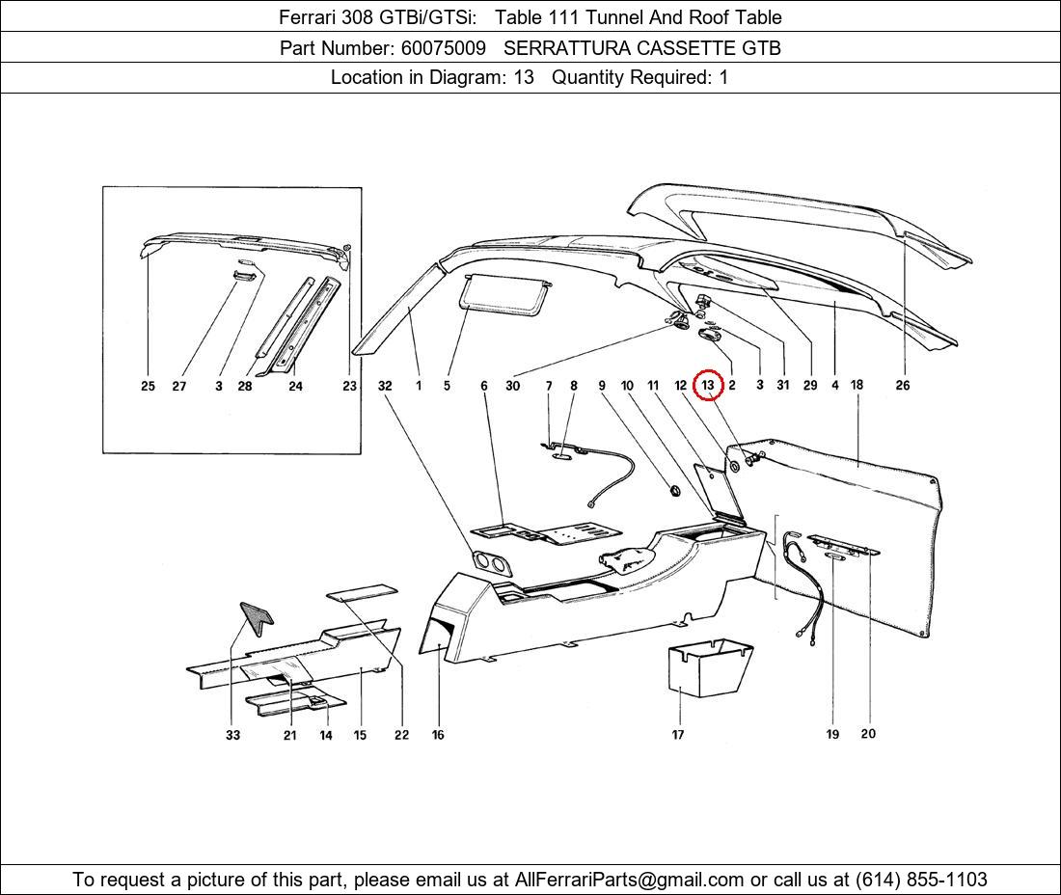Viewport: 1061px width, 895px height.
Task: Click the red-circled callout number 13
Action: click(x=708, y=385)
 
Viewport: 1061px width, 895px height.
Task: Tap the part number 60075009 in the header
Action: click(x=443, y=47)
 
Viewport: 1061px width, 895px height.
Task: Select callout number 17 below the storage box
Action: click(x=678, y=735)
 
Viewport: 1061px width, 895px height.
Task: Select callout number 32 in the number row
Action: click(x=385, y=386)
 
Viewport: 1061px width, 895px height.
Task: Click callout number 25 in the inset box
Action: click(x=148, y=386)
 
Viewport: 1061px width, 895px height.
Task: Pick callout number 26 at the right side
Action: click(x=902, y=386)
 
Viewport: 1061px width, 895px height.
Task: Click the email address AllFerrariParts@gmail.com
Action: click(x=630, y=880)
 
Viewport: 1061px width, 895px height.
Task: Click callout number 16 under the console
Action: click(x=438, y=735)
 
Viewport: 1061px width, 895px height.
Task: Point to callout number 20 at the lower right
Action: click(x=868, y=734)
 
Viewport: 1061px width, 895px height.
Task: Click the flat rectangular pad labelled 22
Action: click(x=362, y=592)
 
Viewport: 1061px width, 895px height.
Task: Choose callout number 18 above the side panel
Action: click(x=857, y=385)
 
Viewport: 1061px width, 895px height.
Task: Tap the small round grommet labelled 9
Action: click(x=674, y=492)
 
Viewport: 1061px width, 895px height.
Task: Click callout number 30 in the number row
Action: click(x=512, y=386)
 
